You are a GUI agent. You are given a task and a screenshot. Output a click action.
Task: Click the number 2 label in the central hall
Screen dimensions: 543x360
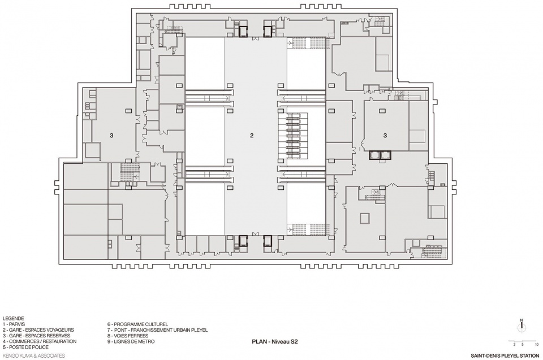point(252,136)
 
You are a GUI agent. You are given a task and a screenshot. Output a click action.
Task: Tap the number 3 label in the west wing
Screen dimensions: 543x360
point(111,136)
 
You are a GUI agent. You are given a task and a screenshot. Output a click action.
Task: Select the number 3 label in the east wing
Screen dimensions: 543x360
point(385,136)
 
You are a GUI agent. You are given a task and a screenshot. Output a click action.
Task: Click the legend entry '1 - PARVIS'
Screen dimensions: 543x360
point(14,324)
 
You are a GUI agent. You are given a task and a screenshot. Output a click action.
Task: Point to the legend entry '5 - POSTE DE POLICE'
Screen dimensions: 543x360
point(25,347)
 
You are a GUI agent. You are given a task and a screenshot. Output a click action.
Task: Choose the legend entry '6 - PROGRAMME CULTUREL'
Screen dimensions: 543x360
point(137,324)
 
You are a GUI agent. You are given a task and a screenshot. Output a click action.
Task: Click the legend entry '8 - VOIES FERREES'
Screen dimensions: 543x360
point(128,336)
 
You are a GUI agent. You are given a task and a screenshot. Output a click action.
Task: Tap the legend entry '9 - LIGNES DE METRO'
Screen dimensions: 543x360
point(131,341)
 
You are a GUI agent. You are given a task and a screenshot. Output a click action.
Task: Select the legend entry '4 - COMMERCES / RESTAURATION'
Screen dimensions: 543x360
point(40,341)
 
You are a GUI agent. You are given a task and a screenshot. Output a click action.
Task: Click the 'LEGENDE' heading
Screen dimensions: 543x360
point(13,319)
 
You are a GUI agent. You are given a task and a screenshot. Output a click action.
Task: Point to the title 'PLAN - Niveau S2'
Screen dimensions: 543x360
point(275,342)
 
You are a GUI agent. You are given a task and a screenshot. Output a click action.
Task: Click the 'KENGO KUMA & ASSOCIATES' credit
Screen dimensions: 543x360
point(33,355)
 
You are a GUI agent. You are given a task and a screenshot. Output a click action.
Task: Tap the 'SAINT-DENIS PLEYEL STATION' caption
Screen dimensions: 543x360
point(505,355)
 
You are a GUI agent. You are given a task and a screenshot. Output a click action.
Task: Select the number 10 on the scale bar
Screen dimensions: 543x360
point(537,344)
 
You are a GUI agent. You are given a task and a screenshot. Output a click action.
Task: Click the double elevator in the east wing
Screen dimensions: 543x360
point(380,155)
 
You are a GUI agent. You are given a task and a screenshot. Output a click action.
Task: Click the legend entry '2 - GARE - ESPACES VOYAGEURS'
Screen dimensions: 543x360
point(38,330)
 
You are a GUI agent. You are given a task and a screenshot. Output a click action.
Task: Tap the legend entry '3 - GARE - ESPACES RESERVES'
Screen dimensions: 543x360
point(36,336)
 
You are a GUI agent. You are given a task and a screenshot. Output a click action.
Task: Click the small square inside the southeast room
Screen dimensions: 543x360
point(365,218)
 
